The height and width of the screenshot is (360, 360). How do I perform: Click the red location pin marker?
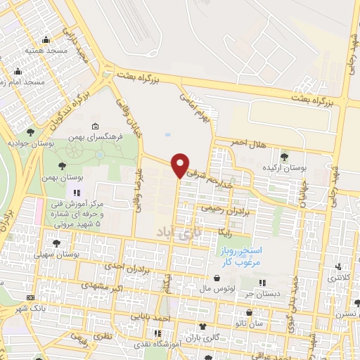pos(180,165)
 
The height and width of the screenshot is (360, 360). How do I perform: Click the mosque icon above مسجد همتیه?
pos(46,41)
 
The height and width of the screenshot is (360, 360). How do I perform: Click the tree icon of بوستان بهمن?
pos(63,166)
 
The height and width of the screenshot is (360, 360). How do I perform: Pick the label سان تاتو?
pos(250,324)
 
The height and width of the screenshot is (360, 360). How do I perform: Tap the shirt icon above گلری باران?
pos(203,327)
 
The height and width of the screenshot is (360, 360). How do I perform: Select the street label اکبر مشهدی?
pos(103,285)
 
